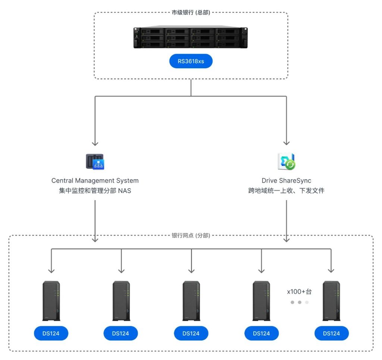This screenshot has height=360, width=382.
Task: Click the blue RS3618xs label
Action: point(191,61)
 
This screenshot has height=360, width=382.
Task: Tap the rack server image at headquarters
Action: point(191,37)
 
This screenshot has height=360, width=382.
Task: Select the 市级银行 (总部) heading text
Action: point(191,12)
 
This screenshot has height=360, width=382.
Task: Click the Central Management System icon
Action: point(95,162)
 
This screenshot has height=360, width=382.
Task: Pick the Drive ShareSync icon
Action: point(286,161)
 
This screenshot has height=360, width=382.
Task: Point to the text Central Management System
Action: point(95,181)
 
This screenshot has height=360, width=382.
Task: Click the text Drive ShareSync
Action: point(286,181)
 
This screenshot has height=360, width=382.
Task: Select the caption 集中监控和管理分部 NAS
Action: point(95,191)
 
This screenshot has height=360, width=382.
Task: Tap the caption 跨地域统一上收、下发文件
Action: point(286,191)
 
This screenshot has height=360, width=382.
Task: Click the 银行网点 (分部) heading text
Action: point(191,236)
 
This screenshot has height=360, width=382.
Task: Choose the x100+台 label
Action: point(299,292)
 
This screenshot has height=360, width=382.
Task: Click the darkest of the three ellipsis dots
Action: point(292,302)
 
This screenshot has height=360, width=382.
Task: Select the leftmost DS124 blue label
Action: point(51,333)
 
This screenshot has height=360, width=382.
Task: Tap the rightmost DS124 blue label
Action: point(331,333)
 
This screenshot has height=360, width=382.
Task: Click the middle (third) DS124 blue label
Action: point(191,333)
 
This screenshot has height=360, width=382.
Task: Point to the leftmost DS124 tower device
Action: point(51,301)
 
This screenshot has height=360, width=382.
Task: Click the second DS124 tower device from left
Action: point(121,301)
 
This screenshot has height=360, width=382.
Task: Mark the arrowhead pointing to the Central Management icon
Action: point(95,143)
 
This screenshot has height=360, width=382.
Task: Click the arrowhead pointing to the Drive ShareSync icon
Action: point(286,143)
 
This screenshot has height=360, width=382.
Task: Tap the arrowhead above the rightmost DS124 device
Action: point(331,270)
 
